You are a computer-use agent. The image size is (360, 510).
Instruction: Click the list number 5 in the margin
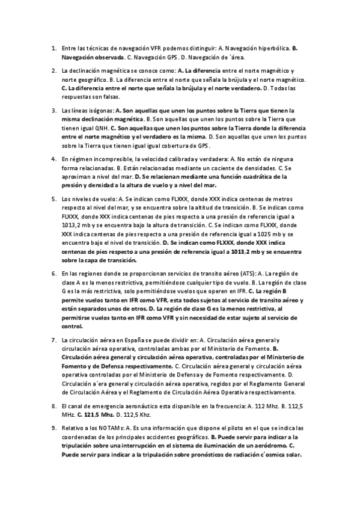coord(53,198)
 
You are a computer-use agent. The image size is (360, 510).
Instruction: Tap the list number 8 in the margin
coord(53,405)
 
